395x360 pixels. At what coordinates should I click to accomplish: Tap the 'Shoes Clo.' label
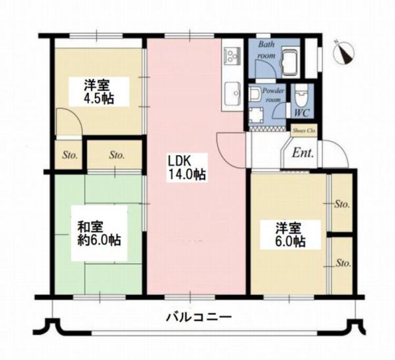tap(303, 128)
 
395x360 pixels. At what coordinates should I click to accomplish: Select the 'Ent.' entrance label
tap(303, 154)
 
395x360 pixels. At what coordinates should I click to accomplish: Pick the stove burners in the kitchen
tap(231, 54)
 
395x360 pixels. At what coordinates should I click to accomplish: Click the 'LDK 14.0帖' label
tap(186, 167)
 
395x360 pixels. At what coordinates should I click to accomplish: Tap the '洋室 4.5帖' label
tap(99, 91)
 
